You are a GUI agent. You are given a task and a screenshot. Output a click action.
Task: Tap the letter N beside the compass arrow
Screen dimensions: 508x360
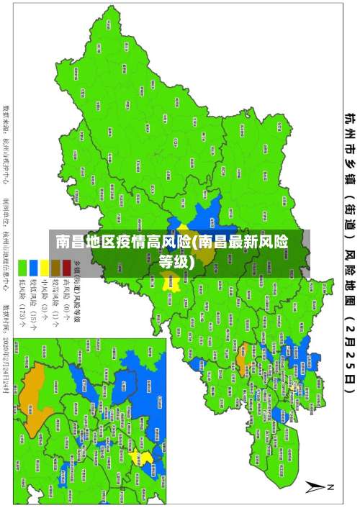tap(331, 487)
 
